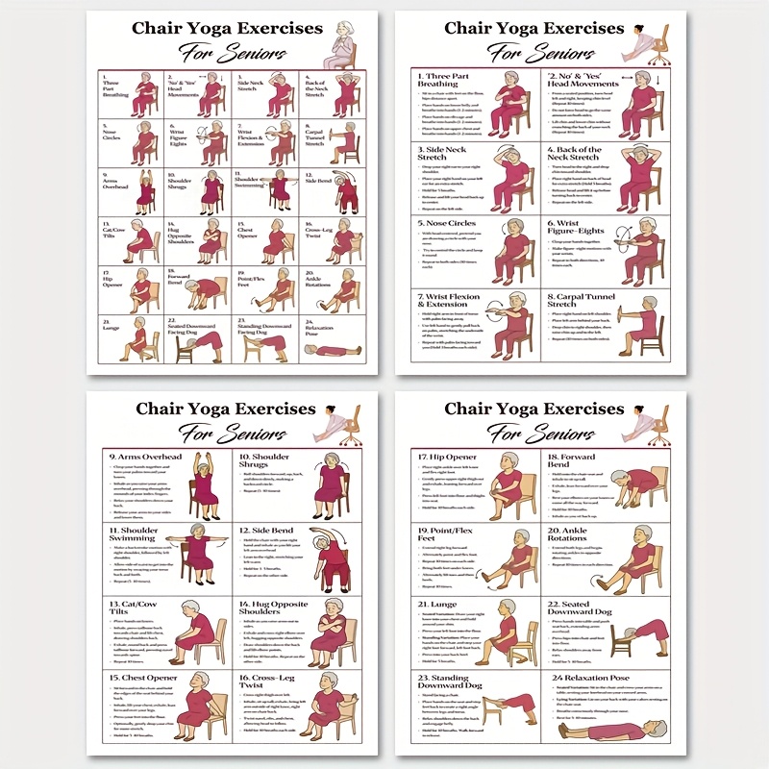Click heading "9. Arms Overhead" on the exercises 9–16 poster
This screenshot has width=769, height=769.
(x=144, y=458)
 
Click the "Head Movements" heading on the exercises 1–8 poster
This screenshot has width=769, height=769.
(x=583, y=83)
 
